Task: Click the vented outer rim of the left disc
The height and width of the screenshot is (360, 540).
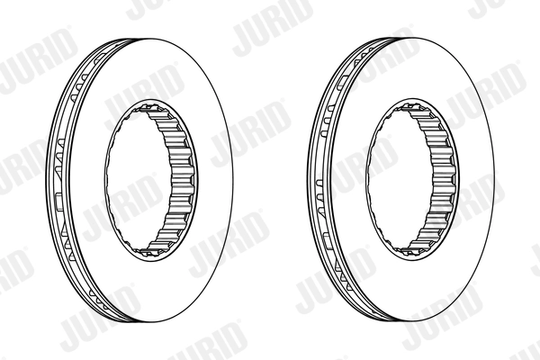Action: click(56, 180)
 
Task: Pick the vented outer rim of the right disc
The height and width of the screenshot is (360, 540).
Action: click(319, 180)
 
